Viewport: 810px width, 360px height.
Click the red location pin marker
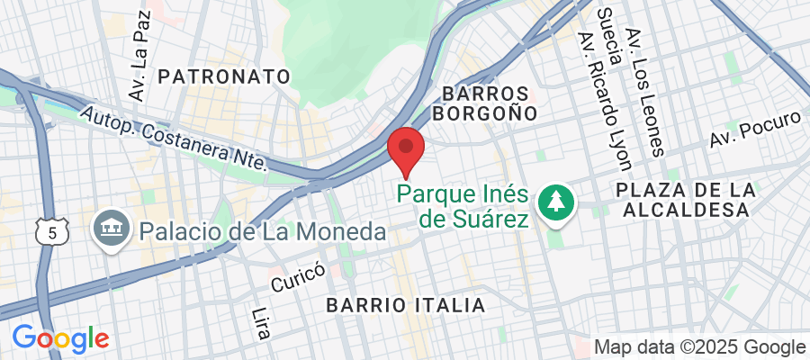[x=406, y=148]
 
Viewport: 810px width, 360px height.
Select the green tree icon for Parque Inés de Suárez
[x=556, y=202]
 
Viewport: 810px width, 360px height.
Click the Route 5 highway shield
[x=52, y=231]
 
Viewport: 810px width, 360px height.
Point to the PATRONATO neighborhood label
[x=224, y=76]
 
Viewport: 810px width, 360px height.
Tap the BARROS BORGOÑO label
[x=485, y=103]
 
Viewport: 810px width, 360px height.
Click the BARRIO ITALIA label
[x=406, y=305]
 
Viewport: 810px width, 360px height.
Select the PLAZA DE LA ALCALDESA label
[x=684, y=200]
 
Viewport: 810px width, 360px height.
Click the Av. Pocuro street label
[x=754, y=131]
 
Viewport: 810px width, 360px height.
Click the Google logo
[x=60, y=338]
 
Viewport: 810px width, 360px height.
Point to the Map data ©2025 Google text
[x=699, y=346]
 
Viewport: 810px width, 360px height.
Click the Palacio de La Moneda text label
[x=262, y=232]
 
